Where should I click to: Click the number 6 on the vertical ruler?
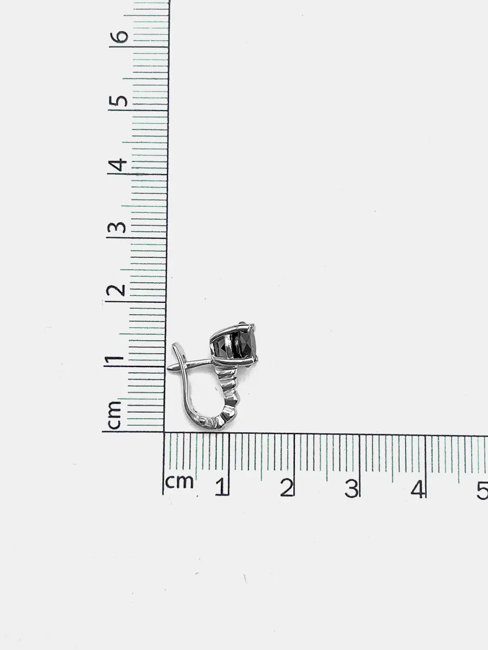tap(119, 37)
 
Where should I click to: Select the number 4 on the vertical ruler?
tap(118, 165)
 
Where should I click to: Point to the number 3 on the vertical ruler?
tap(117, 227)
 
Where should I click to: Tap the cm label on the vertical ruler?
tap(114, 415)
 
